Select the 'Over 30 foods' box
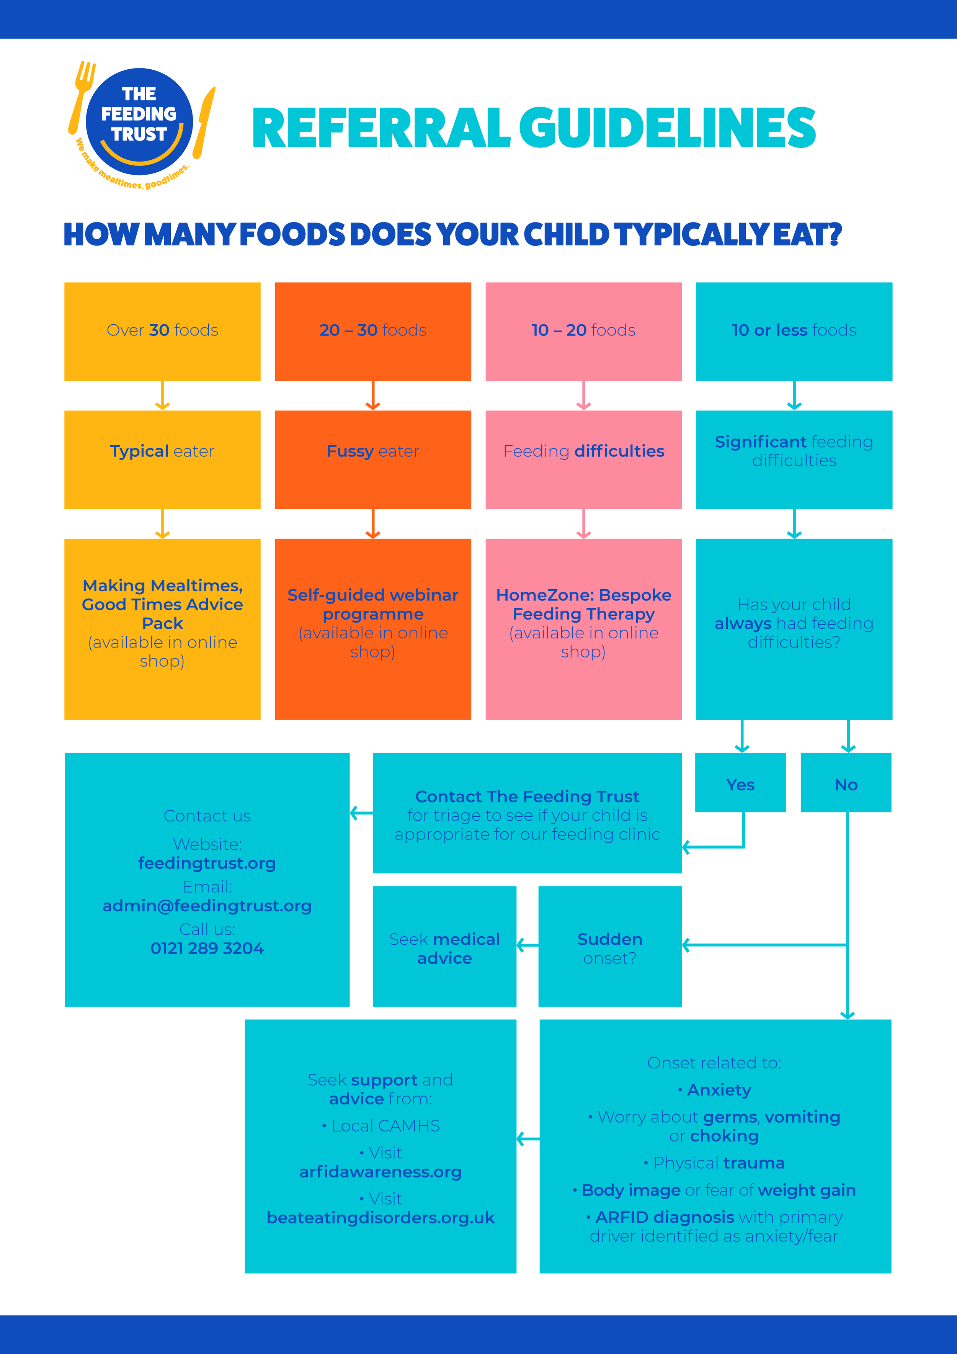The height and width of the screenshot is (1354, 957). [x=162, y=331]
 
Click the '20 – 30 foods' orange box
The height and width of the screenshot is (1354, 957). [x=373, y=331]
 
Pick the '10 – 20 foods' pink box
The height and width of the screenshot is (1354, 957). [x=583, y=331]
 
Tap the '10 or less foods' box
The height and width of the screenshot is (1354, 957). [x=794, y=331]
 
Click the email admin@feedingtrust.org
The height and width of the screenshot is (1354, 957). [x=207, y=906]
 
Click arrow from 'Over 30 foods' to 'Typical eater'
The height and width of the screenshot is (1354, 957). [x=162, y=396]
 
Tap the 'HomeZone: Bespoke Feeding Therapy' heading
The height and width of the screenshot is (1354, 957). [x=583, y=605]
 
